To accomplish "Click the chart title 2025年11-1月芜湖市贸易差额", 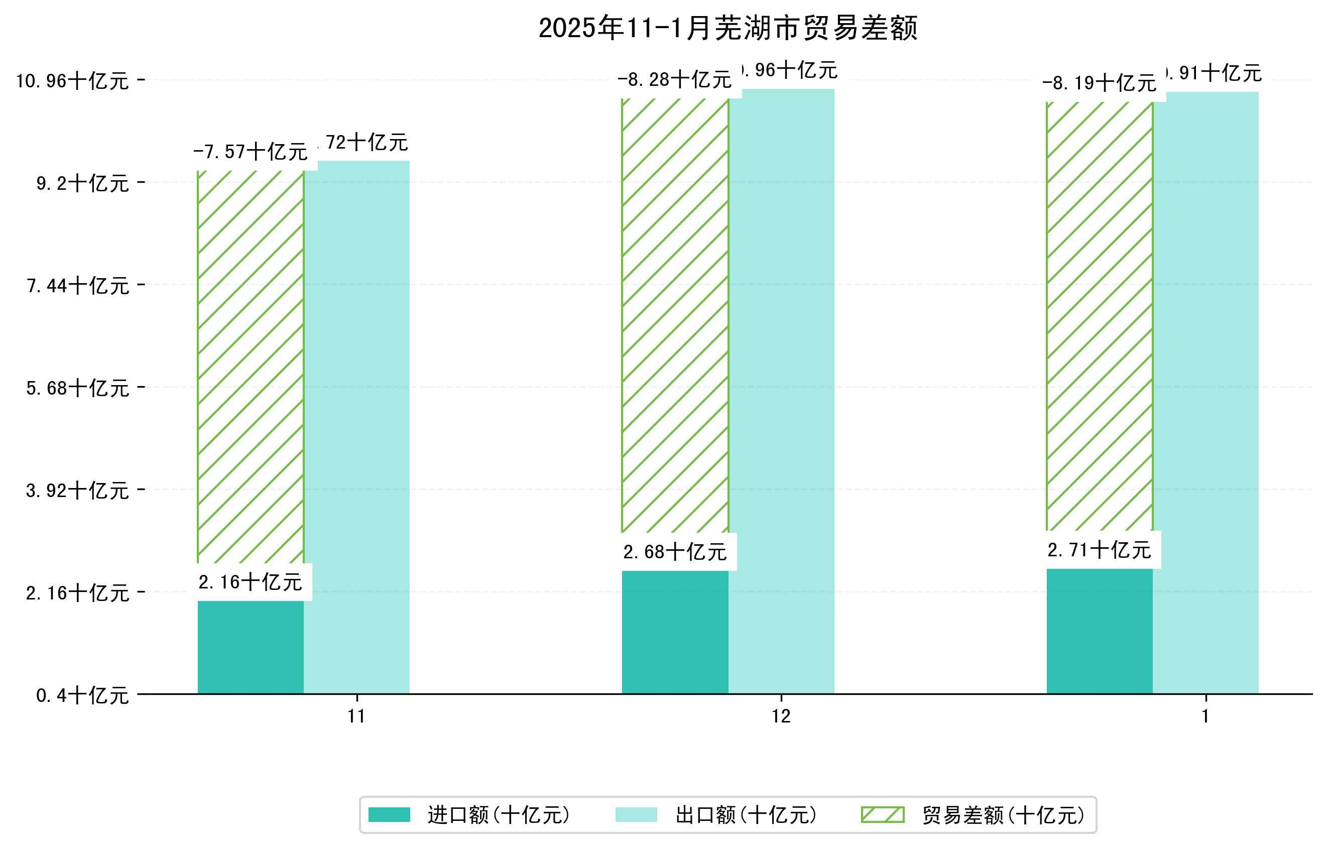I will pyautogui.click(x=728, y=28).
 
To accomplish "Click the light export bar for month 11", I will pyautogui.click(x=356, y=427).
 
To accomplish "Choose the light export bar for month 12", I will pyautogui.click(x=781, y=391).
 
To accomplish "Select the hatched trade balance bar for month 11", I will pyautogui.click(x=250, y=367).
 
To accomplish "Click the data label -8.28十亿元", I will pyautogui.click(x=674, y=80).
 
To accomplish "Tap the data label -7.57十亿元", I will pyautogui.click(x=250, y=152).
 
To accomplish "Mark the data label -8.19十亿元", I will pyautogui.click(x=1099, y=83).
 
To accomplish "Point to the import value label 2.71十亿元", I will pyautogui.click(x=1099, y=550).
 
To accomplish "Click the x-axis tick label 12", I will pyautogui.click(x=781, y=716).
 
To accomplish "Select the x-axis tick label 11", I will pyautogui.click(x=356, y=716).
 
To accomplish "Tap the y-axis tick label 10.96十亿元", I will pyautogui.click(x=72, y=81).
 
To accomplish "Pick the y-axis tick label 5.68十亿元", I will pyautogui.click(x=78, y=388).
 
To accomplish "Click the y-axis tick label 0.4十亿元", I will pyautogui.click(x=83, y=695).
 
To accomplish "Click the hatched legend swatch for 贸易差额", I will pyautogui.click(x=882, y=814).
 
